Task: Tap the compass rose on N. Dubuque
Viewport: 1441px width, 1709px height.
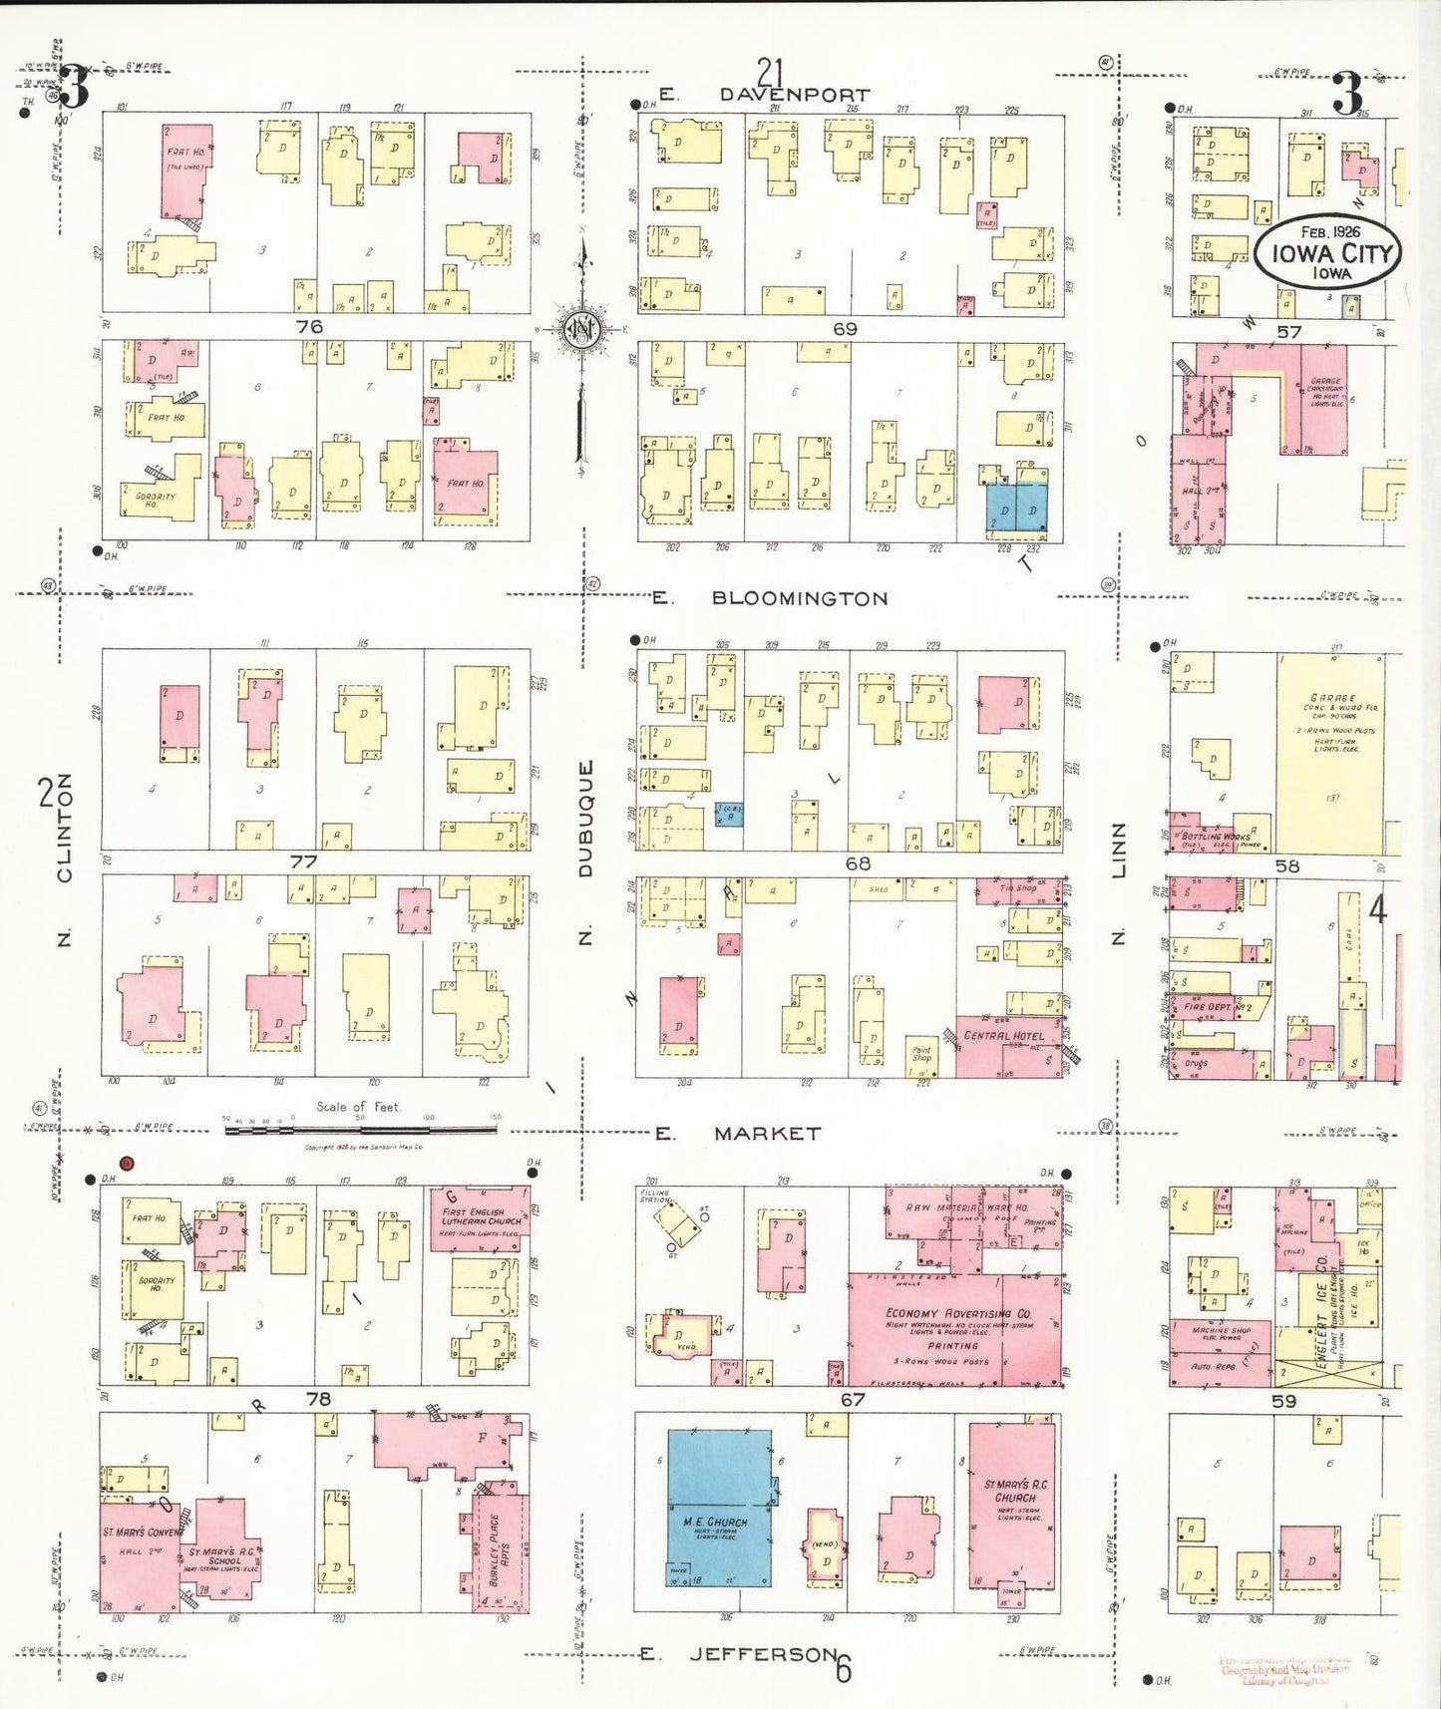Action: [x=580, y=329]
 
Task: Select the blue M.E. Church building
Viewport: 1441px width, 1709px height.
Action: [x=718, y=1507]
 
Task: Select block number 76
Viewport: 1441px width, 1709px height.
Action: [x=309, y=326]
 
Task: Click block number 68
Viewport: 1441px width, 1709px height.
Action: [x=858, y=863]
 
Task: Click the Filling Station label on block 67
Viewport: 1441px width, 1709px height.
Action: [x=655, y=1196]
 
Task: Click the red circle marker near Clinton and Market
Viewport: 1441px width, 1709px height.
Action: [x=127, y=1162]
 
